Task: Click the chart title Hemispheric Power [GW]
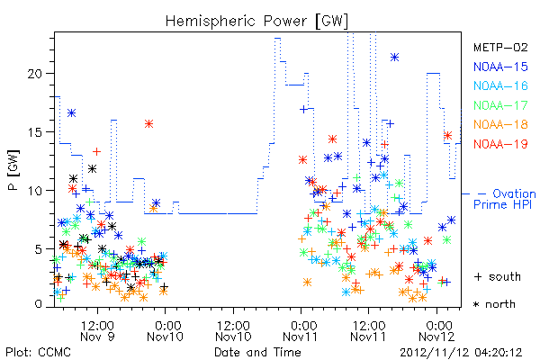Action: point(256,21)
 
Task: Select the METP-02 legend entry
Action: point(500,47)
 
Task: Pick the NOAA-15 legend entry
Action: point(500,67)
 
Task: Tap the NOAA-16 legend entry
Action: point(500,85)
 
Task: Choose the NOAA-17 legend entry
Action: point(500,105)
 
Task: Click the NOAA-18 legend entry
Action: point(500,124)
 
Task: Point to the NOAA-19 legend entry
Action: point(500,144)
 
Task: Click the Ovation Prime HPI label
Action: point(505,199)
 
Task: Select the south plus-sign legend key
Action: point(478,276)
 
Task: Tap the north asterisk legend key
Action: point(476,304)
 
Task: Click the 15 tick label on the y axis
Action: point(36,132)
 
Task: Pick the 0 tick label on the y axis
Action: point(39,304)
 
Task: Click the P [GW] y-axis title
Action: point(13,170)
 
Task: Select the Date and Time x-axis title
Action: point(257,352)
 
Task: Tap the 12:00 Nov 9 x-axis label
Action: point(97,330)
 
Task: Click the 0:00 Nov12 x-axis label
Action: point(436,330)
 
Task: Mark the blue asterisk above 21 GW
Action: point(395,58)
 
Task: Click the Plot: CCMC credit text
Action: point(38,352)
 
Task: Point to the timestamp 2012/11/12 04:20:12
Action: point(461,353)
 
